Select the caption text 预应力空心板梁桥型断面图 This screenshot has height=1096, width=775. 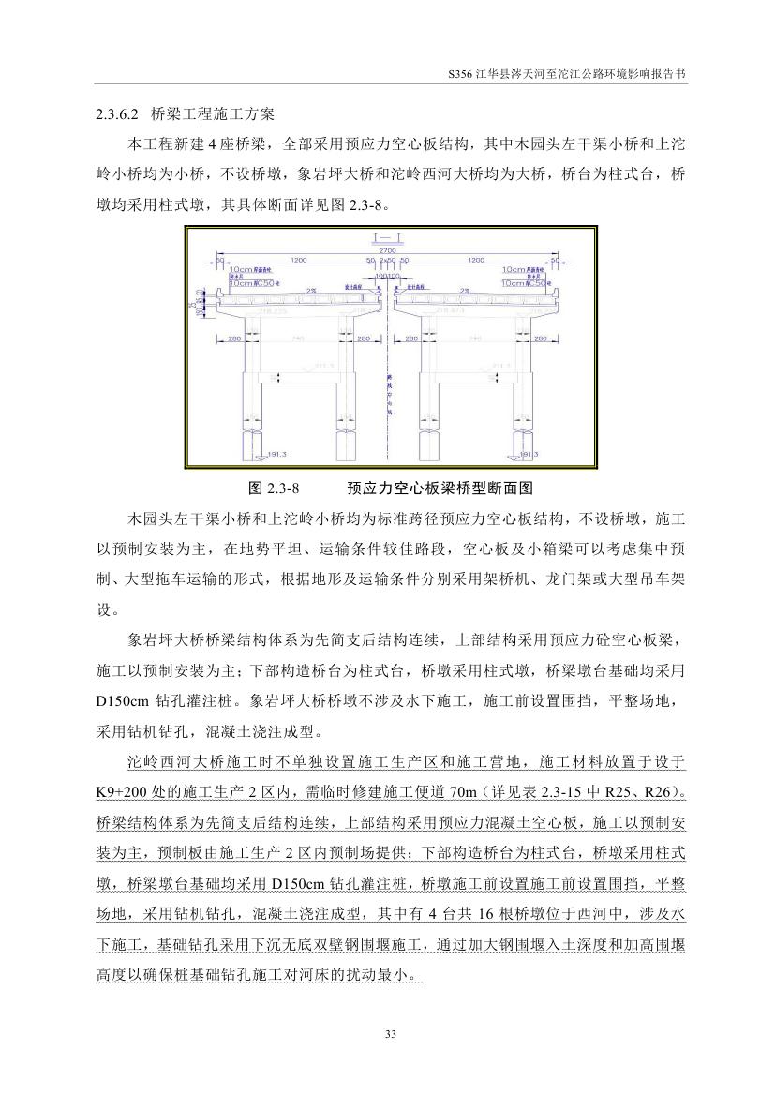click(440, 488)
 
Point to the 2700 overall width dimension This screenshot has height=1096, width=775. click(386, 251)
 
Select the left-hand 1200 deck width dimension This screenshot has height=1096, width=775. click(299, 260)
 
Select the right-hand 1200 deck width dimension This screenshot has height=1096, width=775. click(475, 260)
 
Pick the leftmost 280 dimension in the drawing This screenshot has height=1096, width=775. click(236, 338)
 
